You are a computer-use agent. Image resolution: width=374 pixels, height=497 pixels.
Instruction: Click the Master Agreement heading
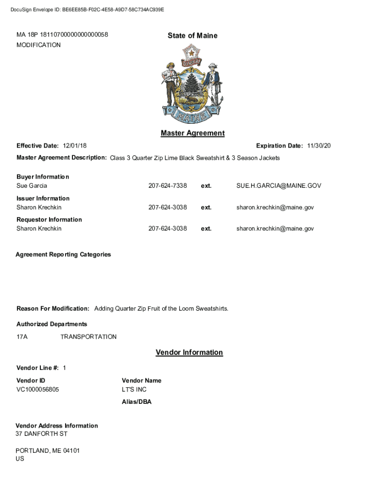[x=192, y=133]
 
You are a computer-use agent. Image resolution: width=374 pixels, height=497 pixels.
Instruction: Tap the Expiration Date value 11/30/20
[x=319, y=146]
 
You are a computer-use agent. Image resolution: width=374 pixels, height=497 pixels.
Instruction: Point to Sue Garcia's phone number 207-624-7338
[x=168, y=186]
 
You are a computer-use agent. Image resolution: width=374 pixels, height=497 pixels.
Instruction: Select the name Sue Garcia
[x=32, y=186]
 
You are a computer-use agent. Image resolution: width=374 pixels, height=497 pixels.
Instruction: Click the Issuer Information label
[x=43, y=199]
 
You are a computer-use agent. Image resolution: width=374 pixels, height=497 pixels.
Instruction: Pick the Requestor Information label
[x=49, y=220]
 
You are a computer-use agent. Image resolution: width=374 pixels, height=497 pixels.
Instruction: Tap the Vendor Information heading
[x=189, y=353]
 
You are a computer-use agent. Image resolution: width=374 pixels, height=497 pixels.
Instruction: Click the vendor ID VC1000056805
[x=38, y=390]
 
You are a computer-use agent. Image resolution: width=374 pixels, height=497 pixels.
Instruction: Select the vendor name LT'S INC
[x=134, y=390]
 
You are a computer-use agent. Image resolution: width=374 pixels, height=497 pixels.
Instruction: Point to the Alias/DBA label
[x=136, y=402]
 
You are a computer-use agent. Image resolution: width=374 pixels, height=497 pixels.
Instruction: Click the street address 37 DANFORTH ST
[x=41, y=434]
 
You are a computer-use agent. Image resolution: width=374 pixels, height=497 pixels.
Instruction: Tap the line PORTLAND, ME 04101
[x=48, y=451]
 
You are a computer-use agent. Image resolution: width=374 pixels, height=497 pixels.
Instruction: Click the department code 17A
[x=22, y=337]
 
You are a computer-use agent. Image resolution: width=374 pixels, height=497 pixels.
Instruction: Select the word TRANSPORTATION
[x=88, y=337]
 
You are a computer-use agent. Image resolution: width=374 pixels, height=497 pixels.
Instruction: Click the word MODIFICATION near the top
[x=39, y=45]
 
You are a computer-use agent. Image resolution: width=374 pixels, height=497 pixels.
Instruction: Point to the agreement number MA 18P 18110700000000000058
[x=62, y=35]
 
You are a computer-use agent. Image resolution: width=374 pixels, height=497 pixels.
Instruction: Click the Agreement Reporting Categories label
[x=63, y=255]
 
